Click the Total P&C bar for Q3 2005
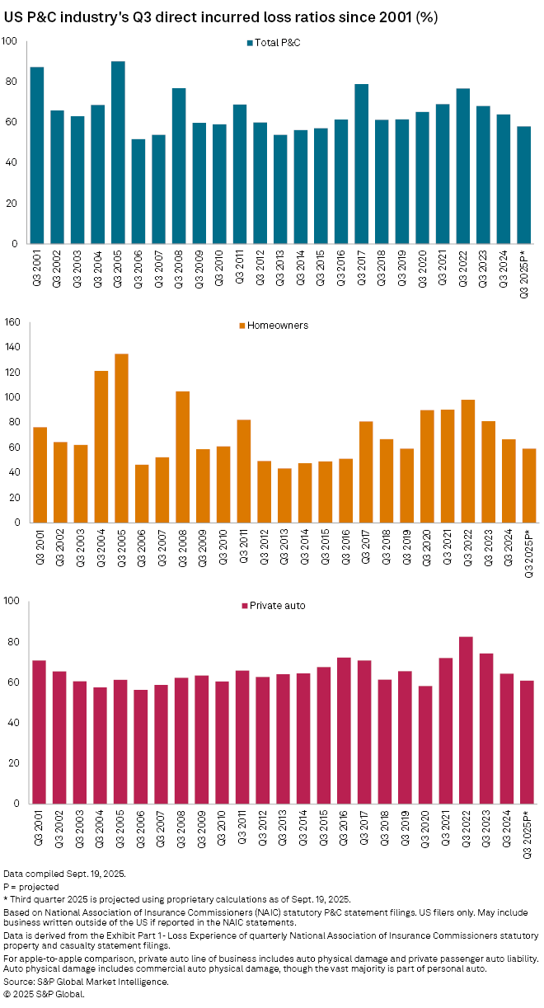coord(118,152)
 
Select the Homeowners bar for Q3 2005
coord(121,438)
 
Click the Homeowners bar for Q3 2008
coord(182,457)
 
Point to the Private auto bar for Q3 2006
coord(141,747)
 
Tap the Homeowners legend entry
coord(273,326)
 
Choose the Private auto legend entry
coord(273,606)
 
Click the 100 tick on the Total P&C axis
coord(11,41)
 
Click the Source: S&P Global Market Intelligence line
coord(86,982)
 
